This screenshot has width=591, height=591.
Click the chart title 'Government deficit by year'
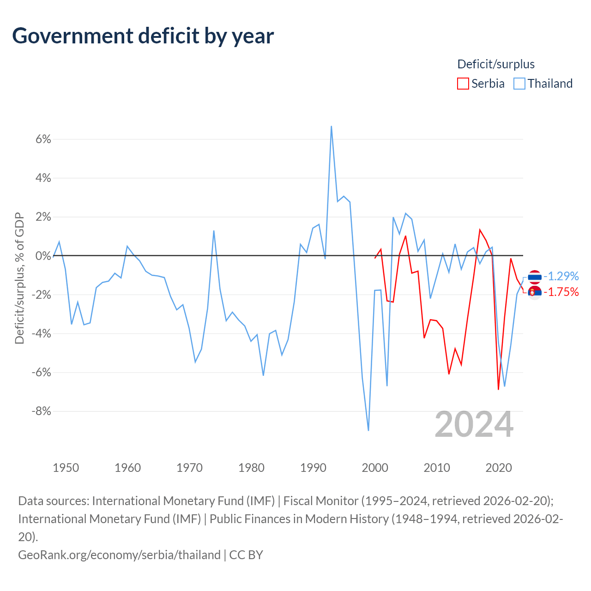click(x=143, y=36)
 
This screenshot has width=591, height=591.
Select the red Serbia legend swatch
click(x=463, y=84)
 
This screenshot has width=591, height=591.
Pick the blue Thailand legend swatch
click(x=519, y=84)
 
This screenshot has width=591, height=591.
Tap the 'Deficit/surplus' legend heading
click(x=495, y=64)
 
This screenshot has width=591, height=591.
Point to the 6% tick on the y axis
click(x=43, y=139)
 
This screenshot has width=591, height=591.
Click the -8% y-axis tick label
click(x=42, y=411)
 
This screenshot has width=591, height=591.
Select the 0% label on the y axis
click(x=43, y=255)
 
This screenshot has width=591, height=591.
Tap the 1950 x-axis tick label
click(x=66, y=468)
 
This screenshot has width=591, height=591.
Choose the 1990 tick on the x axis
click(x=313, y=468)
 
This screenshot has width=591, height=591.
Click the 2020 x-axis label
click(x=499, y=468)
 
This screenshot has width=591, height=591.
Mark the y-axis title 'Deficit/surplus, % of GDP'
click(x=19, y=278)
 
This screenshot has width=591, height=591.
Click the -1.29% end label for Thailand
click(x=561, y=276)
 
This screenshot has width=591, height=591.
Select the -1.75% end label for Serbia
click(x=561, y=292)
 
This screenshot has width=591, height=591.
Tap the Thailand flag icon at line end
click(x=535, y=277)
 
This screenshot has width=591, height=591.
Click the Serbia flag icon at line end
click(x=535, y=293)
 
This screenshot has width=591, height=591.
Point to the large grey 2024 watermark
click(x=474, y=425)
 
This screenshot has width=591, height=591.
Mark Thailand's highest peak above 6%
click(x=331, y=127)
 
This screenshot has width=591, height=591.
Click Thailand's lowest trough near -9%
click(x=368, y=430)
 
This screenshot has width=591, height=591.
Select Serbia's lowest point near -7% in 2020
click(x=498, y=389)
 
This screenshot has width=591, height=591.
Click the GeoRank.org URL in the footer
click(x=119, y=555)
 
